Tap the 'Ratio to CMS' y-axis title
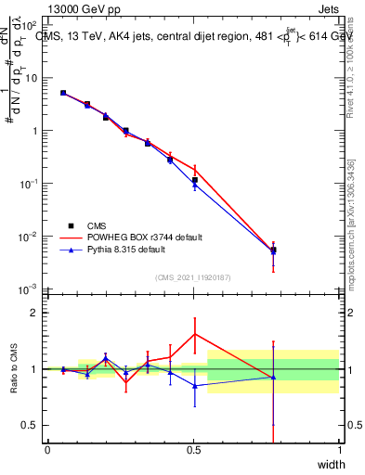(14, 369)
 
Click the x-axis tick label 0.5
(193, 450)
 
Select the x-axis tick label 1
(340, 450)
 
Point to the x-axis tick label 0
(47, 450)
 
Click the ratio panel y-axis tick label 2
(34, 313)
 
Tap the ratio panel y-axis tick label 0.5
(31, 425)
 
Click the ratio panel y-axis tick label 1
(34, 369)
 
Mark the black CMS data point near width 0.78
(273, 250)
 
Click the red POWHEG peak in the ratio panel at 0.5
(194, 334)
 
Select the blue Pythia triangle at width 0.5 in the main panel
(194, 185)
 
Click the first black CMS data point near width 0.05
(62, 93)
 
